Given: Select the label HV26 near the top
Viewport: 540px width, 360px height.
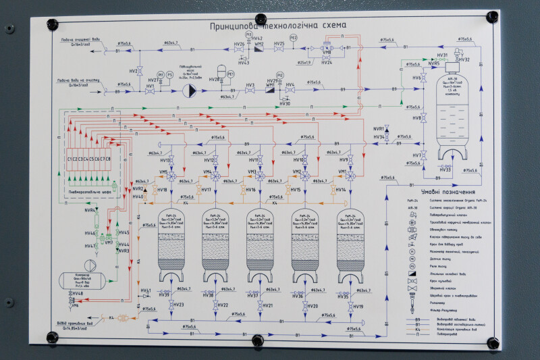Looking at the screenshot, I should coord(239,45).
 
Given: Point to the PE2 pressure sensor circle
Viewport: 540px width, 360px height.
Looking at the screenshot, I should coord(293,38).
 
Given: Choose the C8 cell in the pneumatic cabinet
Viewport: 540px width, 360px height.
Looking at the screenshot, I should coord(108,159).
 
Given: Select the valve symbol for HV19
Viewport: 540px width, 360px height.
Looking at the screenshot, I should coord(350,306).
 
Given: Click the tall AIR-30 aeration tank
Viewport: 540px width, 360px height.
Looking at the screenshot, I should coord(443,108).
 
